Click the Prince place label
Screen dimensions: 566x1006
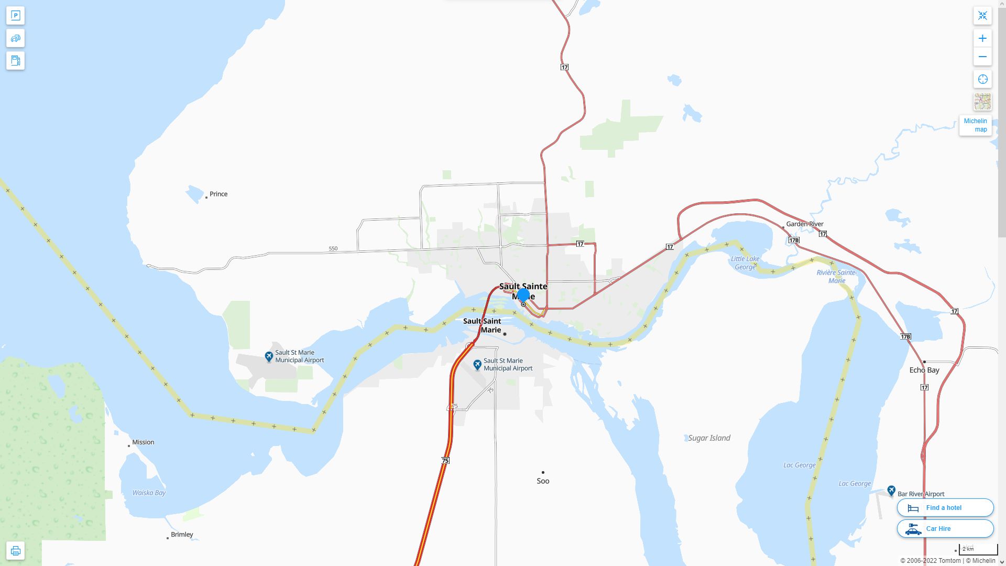point(218,194)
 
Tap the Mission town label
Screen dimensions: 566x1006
point(143,442)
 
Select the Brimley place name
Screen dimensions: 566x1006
point(182,535)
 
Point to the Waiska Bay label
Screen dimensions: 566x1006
point(149,493)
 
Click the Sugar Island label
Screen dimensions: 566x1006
point(709,438)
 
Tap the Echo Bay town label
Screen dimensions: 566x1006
point(924,370)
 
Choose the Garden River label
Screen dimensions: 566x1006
point(805,224)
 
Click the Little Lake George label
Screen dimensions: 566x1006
point(745,263)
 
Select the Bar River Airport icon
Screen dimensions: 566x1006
point(891,491)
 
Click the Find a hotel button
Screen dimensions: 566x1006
point(945,507)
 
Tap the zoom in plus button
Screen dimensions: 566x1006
point(982,38)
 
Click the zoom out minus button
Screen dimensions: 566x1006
point(982,57)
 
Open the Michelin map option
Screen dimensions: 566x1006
point(975,125)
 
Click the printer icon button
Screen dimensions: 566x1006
point(15,551)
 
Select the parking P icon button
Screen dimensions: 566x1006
point(15,16)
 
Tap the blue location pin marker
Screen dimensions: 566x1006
point(523,295)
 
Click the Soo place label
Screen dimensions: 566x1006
point(543,481)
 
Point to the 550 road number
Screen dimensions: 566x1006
point(333,248)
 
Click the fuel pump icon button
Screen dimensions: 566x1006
point(15,60)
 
